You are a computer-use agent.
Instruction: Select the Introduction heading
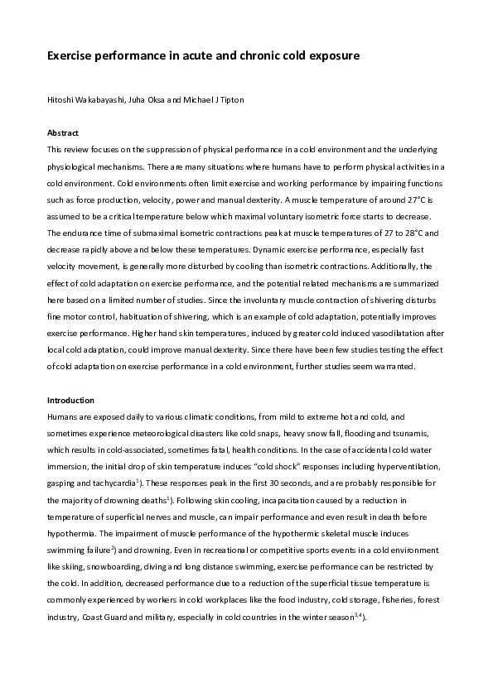(70, 400)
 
